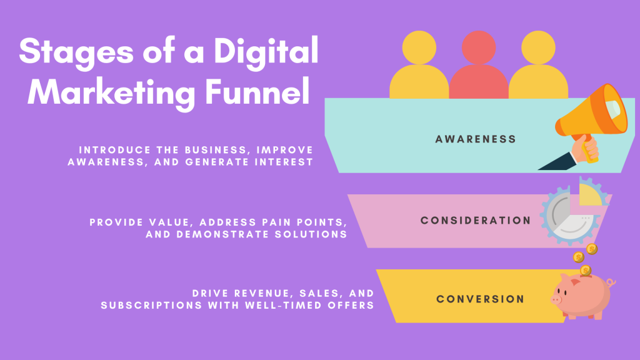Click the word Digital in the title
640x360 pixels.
pos(266,52)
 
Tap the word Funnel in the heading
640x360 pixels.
pos(257,91)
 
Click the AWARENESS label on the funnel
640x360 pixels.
pos(476,139)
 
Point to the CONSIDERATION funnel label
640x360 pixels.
pos(476,221)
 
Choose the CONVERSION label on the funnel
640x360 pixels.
pos(480,299)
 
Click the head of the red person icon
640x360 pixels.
pos(479,47)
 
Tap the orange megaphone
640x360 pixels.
pos(592,112)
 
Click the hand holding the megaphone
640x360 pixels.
pos(585,149)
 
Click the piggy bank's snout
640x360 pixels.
pos(556,300)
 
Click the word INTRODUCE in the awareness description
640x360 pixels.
pos(115,150)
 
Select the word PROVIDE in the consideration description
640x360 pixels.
pos(117,222)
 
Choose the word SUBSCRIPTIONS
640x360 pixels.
pos(151,305)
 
